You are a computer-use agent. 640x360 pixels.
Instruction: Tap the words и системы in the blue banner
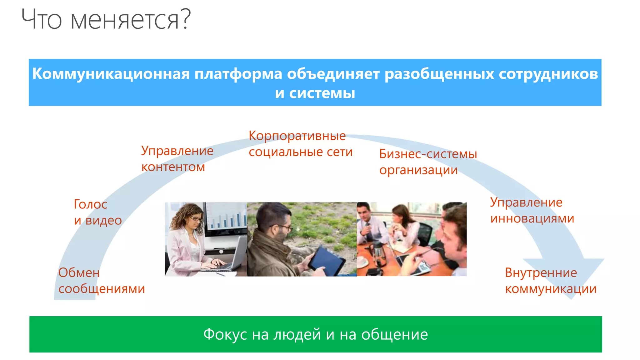[x=315, y=93]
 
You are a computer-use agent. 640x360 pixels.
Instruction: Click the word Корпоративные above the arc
[x=297, y=136]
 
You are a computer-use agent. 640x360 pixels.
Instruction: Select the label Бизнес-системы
[x=428, y=154]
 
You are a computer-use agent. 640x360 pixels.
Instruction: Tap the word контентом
[x=173, y=167]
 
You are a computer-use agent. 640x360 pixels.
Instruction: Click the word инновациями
[x=532, y=218]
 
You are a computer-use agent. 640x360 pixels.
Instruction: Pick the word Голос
[x=90, y=204]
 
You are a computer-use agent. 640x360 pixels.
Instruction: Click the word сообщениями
[x=102, y=289]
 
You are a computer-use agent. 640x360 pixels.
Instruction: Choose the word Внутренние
[x=541, y=273]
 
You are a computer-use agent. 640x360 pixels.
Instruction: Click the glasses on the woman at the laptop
[x=196, y=219]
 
